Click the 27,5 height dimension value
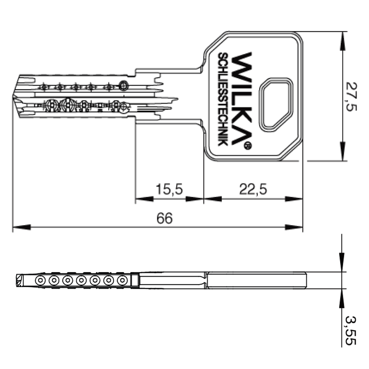click(x=352, y=97)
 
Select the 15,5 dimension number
click(x=169, y=189)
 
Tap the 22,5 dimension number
click(x=253, y=189)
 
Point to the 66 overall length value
click(x=165, y=218)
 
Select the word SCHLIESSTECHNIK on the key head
click(x=223, y=99)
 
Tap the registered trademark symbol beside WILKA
click(x=248, y=146)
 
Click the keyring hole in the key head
click(x=276, y=104)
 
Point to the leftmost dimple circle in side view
click(x=40, y=280)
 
